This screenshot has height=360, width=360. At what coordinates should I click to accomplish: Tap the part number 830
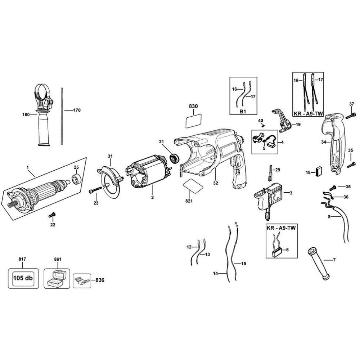click(193, 107)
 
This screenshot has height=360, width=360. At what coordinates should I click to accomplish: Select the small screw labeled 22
click(51, 215)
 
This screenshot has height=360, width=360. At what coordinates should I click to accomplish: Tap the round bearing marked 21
click(175, 158)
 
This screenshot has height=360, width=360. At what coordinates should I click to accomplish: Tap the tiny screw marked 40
click(263, 125)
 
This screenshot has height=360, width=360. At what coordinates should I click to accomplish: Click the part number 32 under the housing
click(215, 183)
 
